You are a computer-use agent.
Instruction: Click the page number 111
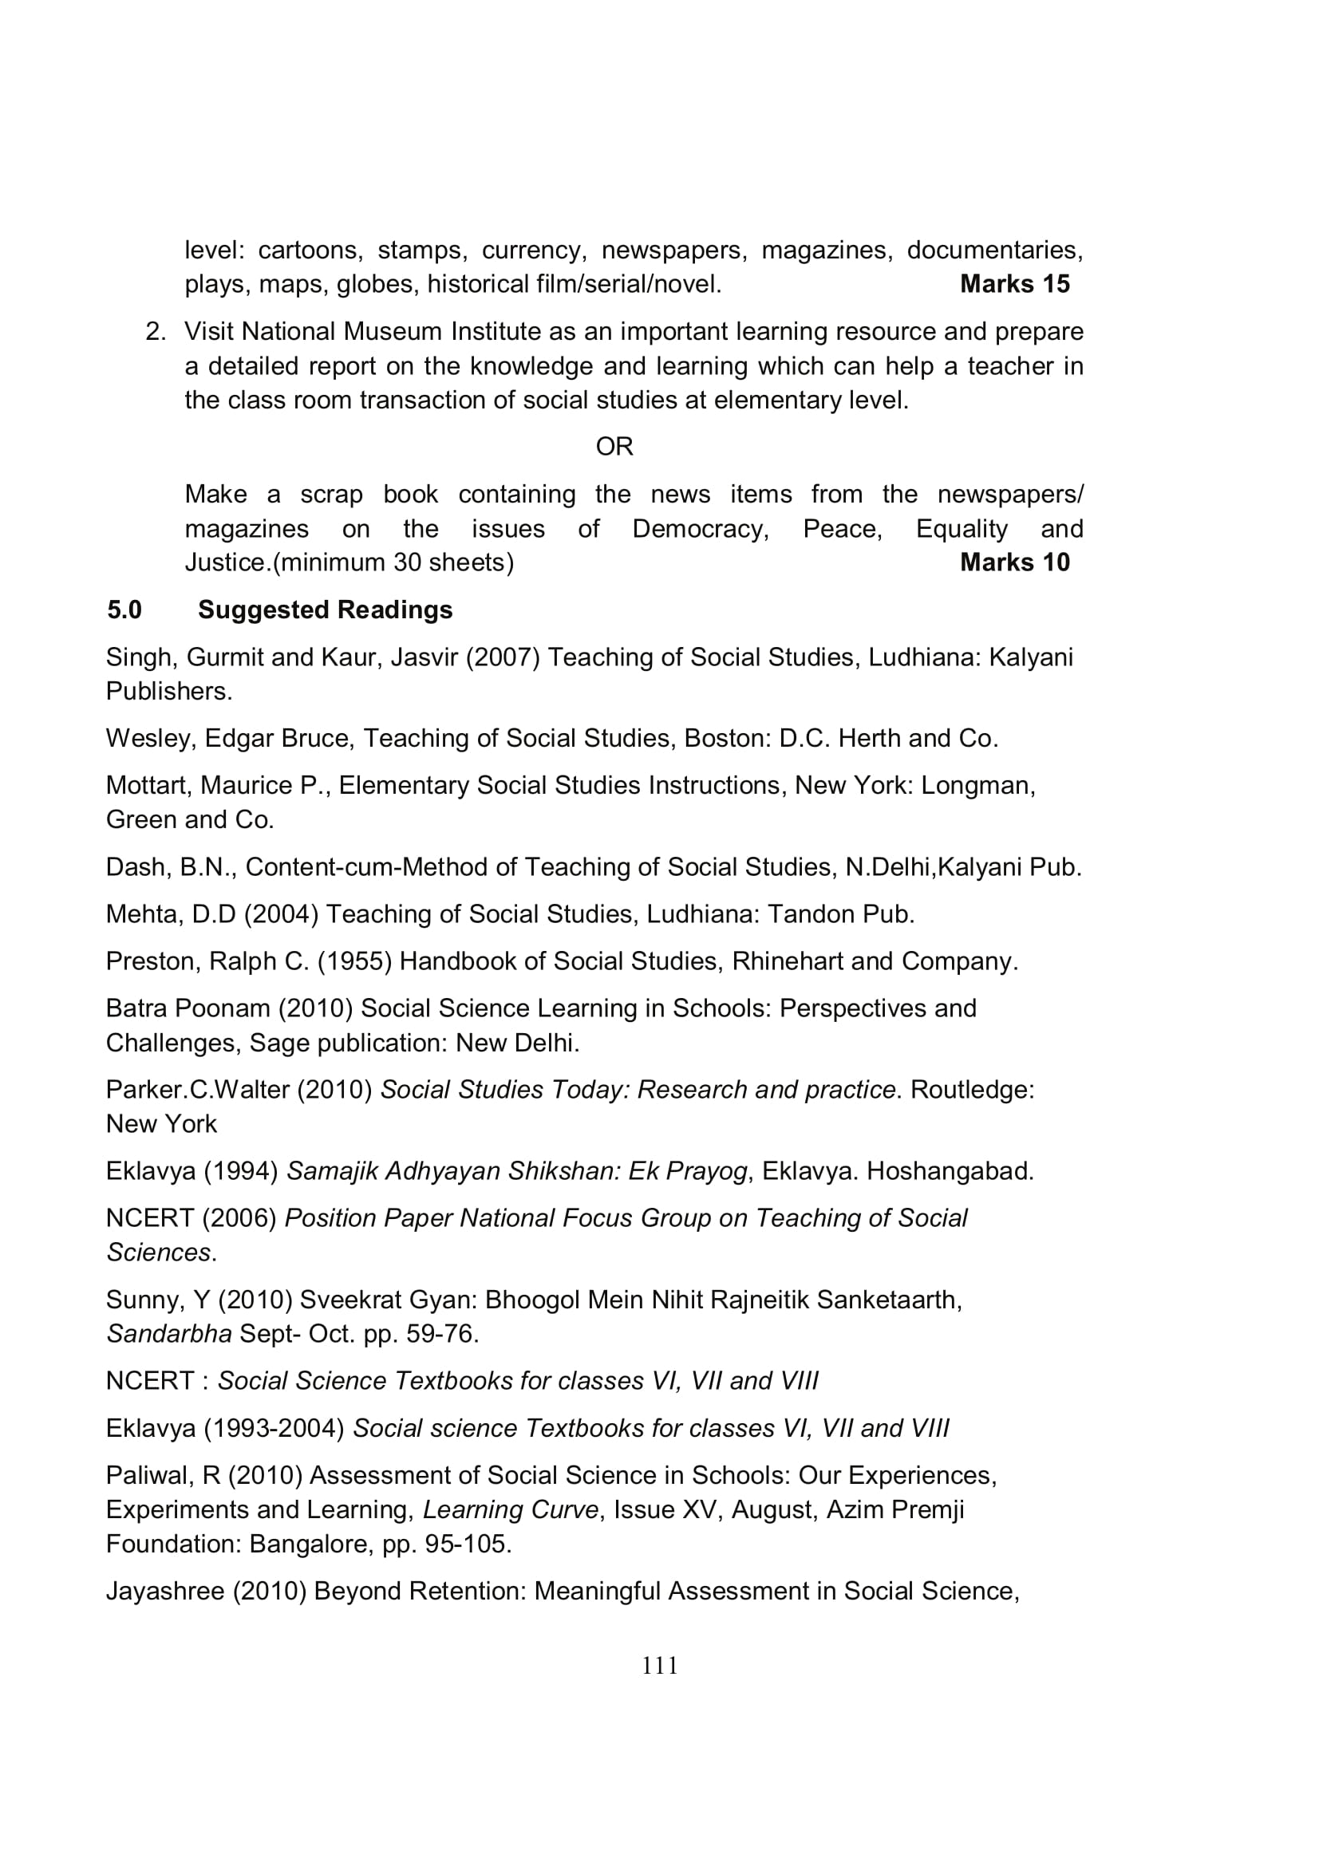coord(659,1666)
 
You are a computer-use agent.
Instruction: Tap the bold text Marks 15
coord(1014,284)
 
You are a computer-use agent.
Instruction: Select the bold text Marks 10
coord(1014,562)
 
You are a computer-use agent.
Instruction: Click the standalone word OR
coord(614,447)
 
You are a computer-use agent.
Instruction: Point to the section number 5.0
coord(124,610)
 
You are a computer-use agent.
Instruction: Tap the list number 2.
coord(156,332)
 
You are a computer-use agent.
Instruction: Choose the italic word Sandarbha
coord(169,1334)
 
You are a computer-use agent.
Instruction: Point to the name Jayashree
coord(165,1591)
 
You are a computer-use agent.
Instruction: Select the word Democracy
coord(701,529)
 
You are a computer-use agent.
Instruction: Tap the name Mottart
coord(149,785)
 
